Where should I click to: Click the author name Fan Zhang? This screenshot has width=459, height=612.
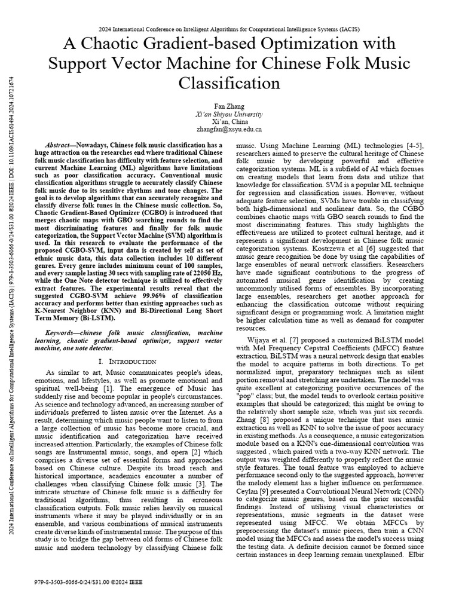click(x=229, y=106)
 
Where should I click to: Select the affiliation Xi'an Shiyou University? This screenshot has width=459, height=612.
click(x=229, y=114)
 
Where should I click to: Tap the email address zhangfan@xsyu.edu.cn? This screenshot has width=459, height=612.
click(x=229, y=129)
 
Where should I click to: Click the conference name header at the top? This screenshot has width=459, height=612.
click(x=229, y=28)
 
